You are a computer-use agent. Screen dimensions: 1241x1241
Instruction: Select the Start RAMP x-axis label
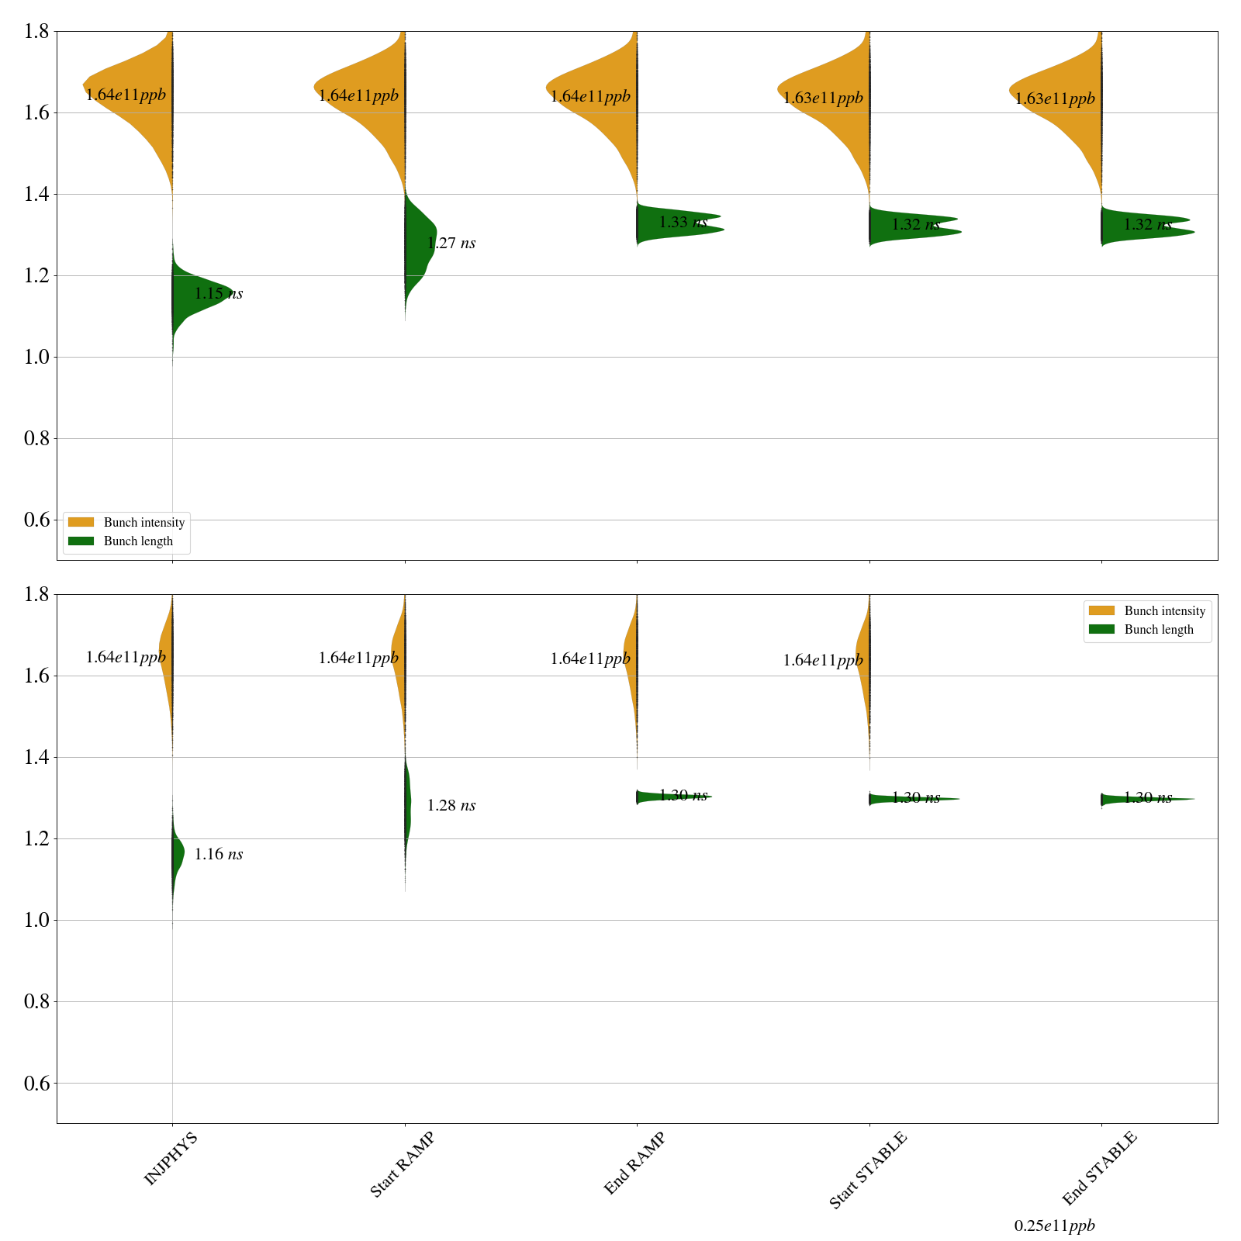pyautogui.click(x=402, y=1163)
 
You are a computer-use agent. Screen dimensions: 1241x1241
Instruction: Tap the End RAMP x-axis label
pyautogui.click(x=634, y=1163)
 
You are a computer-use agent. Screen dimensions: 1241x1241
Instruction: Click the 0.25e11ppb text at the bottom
pyautogui.click(x=1054, y=1226)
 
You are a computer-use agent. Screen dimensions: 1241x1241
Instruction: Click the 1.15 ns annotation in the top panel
pyautogui.click(x=218, y=294)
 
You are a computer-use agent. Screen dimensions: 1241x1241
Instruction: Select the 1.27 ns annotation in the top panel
pyautogui.click(x=451, y=244)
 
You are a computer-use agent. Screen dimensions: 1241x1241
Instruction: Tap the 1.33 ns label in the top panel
pyautogui.click(x=683, y=223)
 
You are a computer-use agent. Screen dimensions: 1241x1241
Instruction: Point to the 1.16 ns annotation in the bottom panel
pyautogui.click(x=218, y=855)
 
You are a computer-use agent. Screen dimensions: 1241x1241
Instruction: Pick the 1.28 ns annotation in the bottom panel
pyautogui.click(x=451, y=806)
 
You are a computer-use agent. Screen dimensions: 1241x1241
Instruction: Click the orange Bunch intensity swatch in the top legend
pyautogui.click(x=81, y=522)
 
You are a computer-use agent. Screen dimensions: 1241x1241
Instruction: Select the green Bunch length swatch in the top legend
pyautogui.click(x=81, y=541)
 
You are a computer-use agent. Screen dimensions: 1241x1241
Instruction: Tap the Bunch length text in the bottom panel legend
pyautogui.click(x=1159, y=630)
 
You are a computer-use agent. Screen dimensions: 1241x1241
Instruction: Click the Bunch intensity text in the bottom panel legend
pyautogui.click(x=1164, y=611)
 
